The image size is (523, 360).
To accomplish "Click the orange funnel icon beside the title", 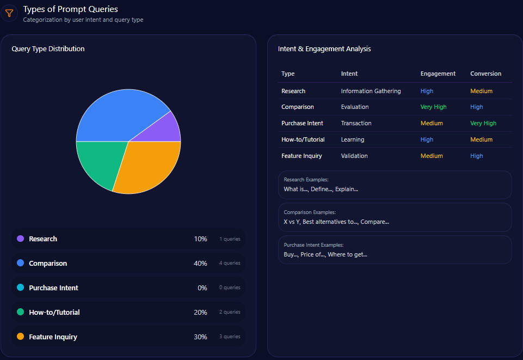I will [x=9, y=13].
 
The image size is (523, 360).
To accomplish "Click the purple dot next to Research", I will [x=21, y=239].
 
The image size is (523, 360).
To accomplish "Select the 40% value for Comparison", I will [x=200, y=264].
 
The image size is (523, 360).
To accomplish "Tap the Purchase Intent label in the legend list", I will [x=53, y=288].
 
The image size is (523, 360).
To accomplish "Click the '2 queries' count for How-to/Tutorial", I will [x=230, y=313].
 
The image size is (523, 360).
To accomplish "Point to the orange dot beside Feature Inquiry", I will [x=21, y=337].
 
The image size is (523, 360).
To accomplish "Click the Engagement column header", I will [x=438, y=74].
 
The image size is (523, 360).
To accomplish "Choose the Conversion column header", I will [x=485, y=74].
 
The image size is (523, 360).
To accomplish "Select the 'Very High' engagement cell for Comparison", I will [x=433, y=107].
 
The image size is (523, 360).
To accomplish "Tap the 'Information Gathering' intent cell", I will [x=371, y=91].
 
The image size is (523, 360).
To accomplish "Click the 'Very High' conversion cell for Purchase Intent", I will [x=483, y=124].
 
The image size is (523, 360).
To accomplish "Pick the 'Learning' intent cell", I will [x=353, y=140].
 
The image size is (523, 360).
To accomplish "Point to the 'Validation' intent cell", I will [x=354, y=156].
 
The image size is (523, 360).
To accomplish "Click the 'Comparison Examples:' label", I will [x=310, y=212].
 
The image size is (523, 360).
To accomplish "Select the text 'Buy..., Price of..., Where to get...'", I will [x=325, y=254].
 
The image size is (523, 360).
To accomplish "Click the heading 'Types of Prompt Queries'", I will [x=70, y=9].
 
